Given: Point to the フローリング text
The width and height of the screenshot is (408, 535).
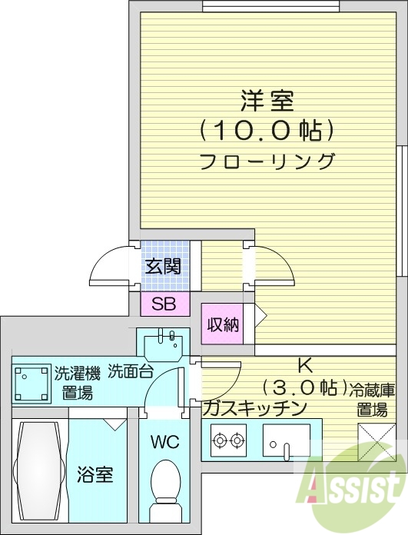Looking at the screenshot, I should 267,161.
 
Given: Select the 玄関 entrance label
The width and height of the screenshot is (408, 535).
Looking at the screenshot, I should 163,267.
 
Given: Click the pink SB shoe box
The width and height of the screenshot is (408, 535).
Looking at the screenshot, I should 163,304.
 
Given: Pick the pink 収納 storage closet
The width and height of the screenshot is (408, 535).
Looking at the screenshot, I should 223,324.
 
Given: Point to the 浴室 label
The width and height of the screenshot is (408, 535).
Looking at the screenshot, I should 95,474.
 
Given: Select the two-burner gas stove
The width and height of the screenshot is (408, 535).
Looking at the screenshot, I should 228,440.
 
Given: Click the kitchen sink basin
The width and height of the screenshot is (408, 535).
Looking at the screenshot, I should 286,440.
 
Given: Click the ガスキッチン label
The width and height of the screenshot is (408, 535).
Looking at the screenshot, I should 255,407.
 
